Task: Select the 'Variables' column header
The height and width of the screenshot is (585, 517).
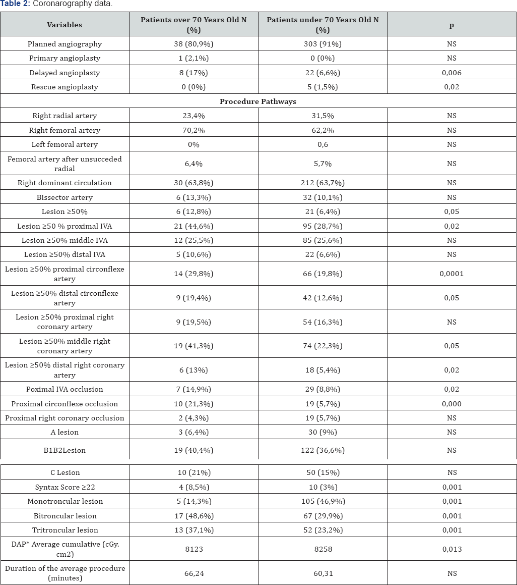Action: [64, 25]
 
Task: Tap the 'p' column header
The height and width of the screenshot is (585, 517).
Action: [451, 25]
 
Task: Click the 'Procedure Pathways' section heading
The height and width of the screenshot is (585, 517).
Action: [258, 101]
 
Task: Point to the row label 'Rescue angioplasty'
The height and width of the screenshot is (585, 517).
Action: [64, 87]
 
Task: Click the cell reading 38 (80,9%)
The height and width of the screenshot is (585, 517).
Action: [193, 44]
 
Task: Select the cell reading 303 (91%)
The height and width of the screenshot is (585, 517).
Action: [322, 44]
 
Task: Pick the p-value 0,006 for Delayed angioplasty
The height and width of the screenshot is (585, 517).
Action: [451, 73]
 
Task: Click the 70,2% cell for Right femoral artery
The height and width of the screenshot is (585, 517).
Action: [193, 130]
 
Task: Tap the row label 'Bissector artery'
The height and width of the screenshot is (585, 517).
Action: [64, 197]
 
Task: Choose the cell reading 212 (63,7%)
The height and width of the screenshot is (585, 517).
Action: [322, 183]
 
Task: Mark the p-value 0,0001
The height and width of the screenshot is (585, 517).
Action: [451, 274]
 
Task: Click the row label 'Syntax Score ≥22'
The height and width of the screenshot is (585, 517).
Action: [64, 487]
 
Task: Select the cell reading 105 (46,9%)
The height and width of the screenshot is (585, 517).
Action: [322, 501]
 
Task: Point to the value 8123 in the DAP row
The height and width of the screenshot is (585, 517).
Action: [193, 549]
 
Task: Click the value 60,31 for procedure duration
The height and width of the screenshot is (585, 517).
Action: [322, 573]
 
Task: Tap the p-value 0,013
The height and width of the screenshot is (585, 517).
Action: [451, 549]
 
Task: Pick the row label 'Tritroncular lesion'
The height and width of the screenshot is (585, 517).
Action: [64, 530]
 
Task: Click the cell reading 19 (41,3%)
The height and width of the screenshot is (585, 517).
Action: [193, 346]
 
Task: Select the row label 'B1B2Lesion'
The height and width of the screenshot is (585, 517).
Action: [64, 450]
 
